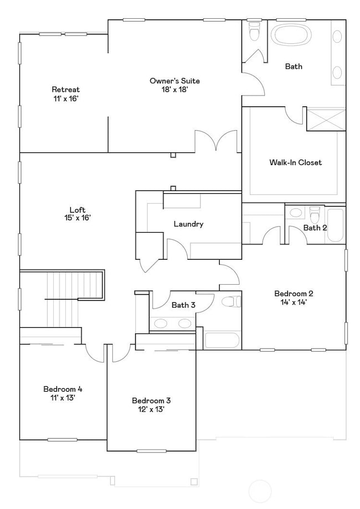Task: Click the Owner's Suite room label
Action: coord(174,81)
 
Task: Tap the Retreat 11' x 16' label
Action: coord(66,94)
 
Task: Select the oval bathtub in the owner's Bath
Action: coord(290,35)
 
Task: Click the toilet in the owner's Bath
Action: coord(254,32)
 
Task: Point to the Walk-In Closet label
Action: coord(295,162)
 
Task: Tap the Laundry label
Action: coord(188,224)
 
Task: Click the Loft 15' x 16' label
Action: coord(78,214)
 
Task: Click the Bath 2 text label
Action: coord(315,228)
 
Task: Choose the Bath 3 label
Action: coord(183,305)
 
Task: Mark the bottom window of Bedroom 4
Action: coord(62,440)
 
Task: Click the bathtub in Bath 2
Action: coord(336,224)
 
